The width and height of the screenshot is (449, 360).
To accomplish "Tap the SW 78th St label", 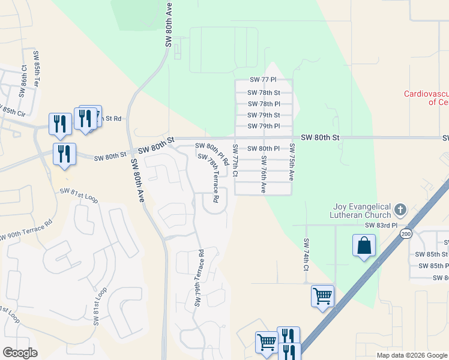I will point(264,92).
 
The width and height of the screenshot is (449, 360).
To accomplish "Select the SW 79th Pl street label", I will point(264,126).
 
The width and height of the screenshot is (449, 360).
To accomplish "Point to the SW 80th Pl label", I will point(264,148).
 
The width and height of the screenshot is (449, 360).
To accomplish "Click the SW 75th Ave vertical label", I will point(292,162).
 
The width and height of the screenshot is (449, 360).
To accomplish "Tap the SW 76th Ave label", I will point(264,174).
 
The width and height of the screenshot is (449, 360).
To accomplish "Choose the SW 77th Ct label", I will point(235,161).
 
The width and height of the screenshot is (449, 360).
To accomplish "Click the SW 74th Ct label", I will point(306,254).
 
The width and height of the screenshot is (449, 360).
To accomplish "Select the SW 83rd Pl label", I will point(382,225).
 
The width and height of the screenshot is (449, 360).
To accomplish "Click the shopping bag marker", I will point(364,246).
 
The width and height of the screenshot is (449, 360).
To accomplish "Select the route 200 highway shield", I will point(407,234).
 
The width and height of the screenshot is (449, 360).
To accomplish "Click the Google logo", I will point(19,353).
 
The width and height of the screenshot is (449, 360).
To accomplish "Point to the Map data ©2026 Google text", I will point(412,355).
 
